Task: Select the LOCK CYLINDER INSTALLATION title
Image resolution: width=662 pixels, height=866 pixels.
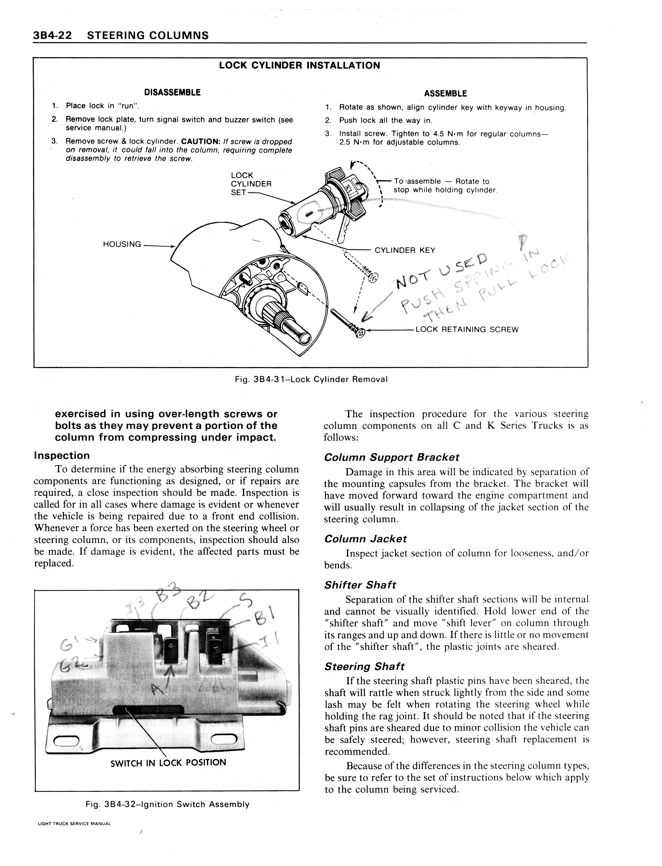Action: click(x=300, y=65)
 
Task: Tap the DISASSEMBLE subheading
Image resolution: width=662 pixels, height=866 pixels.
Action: click(x=172, y=92)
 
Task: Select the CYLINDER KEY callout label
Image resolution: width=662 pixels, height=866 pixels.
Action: click(x=405, y=250)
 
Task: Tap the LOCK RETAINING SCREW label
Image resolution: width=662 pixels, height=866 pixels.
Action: click(x=467, y=329)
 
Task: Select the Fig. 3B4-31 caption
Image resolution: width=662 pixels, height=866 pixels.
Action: click(x=311, y=379)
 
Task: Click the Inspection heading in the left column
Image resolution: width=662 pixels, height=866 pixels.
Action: click(x=62, y=456)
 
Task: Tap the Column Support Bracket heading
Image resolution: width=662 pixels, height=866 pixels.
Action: click(x=391, y=457)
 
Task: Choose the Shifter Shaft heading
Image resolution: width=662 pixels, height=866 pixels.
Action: click(x=360, y=585)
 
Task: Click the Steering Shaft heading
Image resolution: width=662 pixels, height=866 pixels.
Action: click(x=364, y=666)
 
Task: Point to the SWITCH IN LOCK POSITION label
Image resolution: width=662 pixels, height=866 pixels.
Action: click(x=168, y=762)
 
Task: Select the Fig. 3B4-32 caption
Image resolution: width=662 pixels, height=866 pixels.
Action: click(x=167, y=804)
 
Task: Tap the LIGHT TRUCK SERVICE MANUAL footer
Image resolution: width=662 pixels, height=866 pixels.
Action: click(x=74, y=823)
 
